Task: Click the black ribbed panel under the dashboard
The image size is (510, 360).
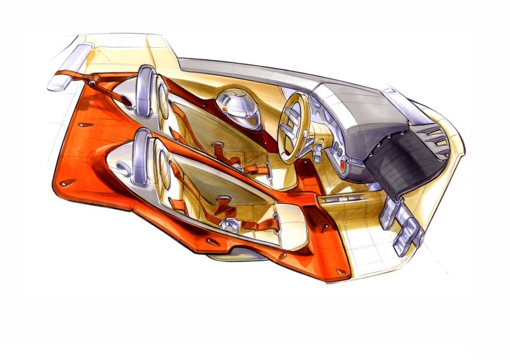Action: click(400, 147)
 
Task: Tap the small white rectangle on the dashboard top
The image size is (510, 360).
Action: click(386, 92)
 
